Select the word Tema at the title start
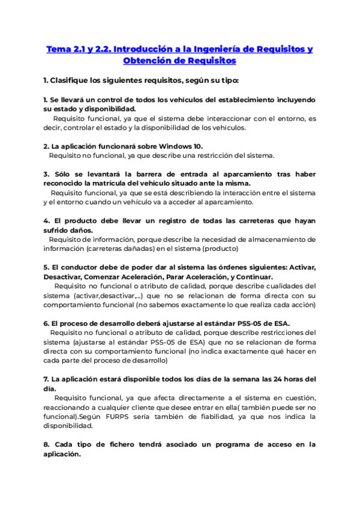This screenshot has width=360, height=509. pyautogui.click(x=58, y=49)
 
